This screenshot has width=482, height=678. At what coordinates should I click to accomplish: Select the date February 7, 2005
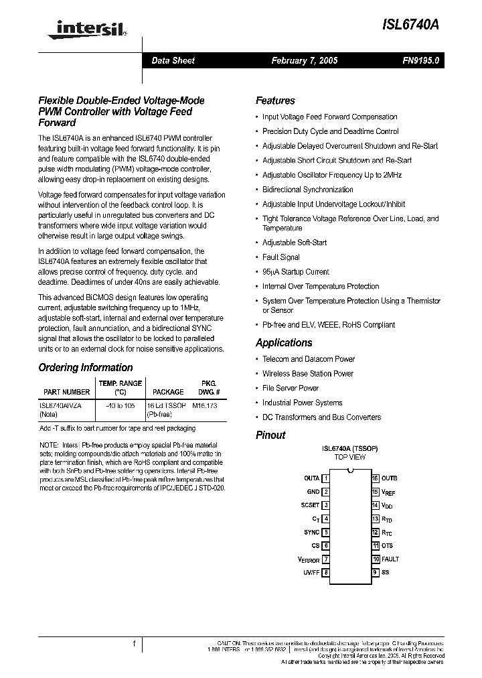point(304,60)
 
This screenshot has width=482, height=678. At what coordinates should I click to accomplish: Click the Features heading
point(275,100)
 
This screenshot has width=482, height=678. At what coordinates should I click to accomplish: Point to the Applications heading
point(284,342)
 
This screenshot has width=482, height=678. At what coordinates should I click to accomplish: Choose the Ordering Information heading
point(86,367)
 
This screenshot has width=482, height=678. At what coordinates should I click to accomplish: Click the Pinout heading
point(270,435)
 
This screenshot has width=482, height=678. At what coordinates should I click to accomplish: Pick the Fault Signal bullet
point(280,257)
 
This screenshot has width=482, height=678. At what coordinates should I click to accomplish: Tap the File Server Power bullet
point(290,388)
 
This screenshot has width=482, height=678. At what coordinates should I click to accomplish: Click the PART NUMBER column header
point(66,392)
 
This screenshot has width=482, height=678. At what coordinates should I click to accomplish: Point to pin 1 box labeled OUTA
point(325,478)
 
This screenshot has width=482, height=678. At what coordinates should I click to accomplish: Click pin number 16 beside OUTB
point(376,478)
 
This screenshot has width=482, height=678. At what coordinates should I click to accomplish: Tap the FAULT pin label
point(390,559)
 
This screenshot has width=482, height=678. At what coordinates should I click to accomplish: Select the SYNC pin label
point(311,532)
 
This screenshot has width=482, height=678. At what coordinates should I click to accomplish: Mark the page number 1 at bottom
point(135,644)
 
